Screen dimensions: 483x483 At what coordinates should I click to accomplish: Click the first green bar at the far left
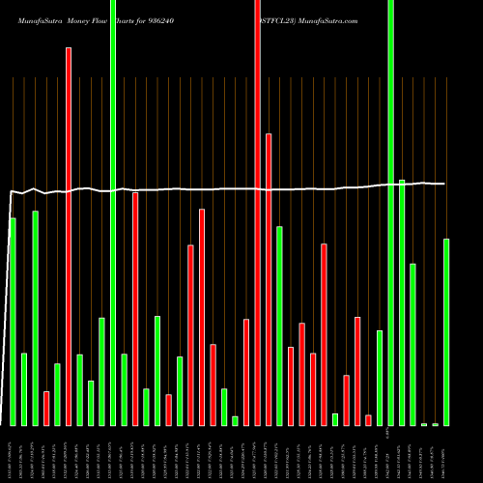pos(13,322)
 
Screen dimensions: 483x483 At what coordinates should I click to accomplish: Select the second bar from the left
pos(24,389)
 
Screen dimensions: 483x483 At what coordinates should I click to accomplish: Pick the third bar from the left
pos(35,318)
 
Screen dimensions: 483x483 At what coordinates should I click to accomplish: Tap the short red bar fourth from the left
pos(46,408)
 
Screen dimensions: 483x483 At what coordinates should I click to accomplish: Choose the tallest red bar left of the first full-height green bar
pos(69,237)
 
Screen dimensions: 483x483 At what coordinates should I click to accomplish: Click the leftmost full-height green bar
pos(113,213)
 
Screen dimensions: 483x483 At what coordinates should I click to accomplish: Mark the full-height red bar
pos(257,213)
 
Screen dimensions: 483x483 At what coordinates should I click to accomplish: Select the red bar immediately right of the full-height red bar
pos(269,279)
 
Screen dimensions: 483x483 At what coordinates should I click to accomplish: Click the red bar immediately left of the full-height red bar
pos(246,372)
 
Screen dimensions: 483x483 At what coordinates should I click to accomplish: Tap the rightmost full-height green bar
pos(390,213)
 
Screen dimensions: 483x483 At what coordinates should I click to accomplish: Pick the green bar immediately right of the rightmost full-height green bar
pos(402,302)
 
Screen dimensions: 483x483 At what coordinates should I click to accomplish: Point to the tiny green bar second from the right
pos(435,424)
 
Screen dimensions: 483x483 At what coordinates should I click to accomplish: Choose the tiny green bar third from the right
pos(424,424)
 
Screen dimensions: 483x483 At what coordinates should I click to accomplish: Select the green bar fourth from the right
pos(412,344)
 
